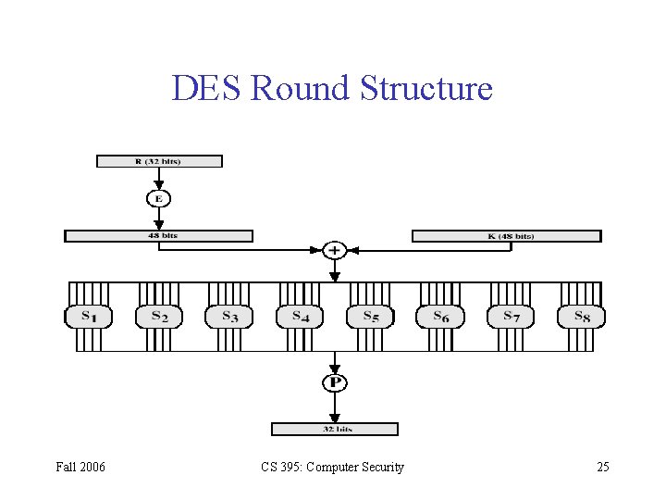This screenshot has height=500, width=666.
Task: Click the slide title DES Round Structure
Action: point(332,89)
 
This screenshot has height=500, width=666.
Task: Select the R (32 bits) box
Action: point(159,161)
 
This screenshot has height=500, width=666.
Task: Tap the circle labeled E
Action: point(158,198)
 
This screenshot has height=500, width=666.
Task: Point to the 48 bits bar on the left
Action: point(158,236)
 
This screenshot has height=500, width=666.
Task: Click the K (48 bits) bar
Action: point(506,236)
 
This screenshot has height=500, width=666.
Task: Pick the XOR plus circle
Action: point(334,250)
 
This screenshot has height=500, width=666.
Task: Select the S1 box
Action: point(88,317)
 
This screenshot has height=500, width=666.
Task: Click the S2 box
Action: point(158,317)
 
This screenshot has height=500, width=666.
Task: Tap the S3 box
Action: point(228,317)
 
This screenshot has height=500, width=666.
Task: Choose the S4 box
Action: point(299,317)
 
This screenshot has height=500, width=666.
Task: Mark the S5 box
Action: point(369,317)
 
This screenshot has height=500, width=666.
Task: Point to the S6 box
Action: point(439,317)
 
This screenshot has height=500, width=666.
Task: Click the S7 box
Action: point(510,317)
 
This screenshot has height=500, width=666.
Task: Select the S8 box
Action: point(580,317)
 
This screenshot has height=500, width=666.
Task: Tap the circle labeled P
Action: point(334,381)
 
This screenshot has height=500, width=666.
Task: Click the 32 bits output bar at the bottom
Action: point(334,429)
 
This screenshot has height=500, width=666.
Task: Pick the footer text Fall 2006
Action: point(80,467)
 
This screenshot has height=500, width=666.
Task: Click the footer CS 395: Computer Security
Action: point(331,467)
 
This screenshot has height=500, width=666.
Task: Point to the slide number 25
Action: point(602,467)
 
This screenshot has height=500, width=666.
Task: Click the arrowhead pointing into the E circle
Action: point(158,185)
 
